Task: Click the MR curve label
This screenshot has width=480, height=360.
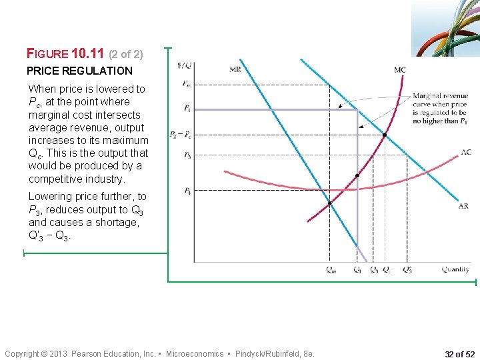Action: coord(235,69)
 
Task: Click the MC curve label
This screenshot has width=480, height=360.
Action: coord(400,70)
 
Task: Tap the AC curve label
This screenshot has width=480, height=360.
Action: coord(465,153)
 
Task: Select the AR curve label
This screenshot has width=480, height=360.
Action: coord(463,206)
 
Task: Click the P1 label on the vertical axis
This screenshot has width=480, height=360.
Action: coord(187,109)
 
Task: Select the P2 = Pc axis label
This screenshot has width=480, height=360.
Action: coord(181,135)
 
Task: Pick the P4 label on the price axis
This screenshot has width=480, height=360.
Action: coord(187,191)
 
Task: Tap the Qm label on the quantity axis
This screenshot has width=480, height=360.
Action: coord(331,270)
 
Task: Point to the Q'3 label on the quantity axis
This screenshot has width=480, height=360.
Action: coord(407,270)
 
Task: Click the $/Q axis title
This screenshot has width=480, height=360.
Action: coord(185,65)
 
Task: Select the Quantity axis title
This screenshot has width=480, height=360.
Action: coord(455,270)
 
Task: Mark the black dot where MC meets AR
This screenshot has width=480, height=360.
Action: coord(384,135)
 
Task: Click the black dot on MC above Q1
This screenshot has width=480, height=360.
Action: coord(357,176)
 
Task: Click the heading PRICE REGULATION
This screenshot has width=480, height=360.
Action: coord(79,71)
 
